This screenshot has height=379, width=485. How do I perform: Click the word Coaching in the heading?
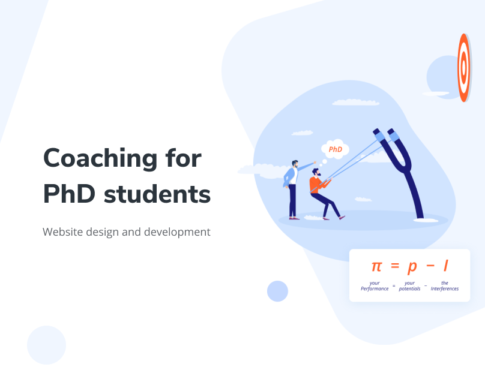pyautogui.click(x=100, y=159)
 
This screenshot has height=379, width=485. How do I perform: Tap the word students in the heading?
pyautogui.click(x=157, y=194)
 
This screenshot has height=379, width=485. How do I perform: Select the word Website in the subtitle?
pyautogui.click(x=63, y=232)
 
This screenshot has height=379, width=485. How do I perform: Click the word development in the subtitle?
pyautogui.click(x=177, y=232)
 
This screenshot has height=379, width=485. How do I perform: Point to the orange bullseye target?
pyautogui.click(x=463, y=68)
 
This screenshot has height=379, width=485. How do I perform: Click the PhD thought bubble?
pyautogui.click(x=336, y=149)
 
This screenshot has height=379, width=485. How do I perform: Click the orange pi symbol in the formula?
pyautogui.click(x=376, y=266)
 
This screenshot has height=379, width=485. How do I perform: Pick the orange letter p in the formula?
pyautogui.click(x=412, y=267)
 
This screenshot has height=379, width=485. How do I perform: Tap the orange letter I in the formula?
pyautogui.click(x=446, y=266)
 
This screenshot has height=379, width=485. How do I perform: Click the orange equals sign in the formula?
pyautogui.click(x=395, y=266)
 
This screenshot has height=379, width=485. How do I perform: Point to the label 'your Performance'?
pyautogui.click(x=375, y=286)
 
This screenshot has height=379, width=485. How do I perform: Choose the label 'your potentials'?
pyautogui.click(x=409, y=286)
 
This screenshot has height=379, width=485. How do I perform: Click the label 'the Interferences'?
pyautogui.click(x=445, y=286)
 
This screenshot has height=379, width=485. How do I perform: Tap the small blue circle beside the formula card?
pyautogui.click(x=277, y=291)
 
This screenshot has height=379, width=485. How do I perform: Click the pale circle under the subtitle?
pyautogui.click(x=46, y=345)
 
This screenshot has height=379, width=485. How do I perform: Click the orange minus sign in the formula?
pyautogui.click(x=430, y=266)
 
